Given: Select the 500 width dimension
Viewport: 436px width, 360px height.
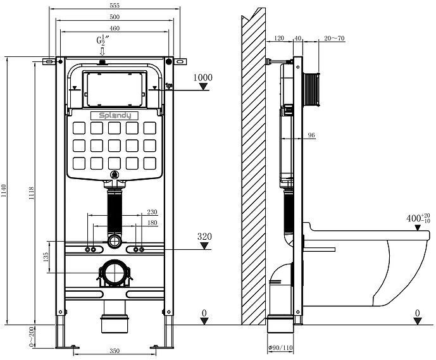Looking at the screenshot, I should pos(114,16).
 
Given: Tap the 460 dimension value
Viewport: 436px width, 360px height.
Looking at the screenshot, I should pos(114,28).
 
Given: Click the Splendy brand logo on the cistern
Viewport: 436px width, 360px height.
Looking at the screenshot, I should pos(115,115).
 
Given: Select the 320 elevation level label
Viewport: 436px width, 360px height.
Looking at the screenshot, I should pos(204,237).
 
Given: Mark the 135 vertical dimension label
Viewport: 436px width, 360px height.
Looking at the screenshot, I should pos(45,257).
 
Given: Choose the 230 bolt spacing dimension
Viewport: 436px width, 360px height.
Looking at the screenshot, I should pos(152,213).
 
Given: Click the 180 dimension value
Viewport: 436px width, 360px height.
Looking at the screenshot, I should pos(152,223).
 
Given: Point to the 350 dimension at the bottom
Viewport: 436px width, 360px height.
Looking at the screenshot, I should pos(114,350).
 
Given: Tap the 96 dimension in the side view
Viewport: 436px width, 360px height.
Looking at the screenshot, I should pos(311,135).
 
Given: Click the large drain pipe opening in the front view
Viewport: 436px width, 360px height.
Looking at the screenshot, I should pos(115,273).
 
